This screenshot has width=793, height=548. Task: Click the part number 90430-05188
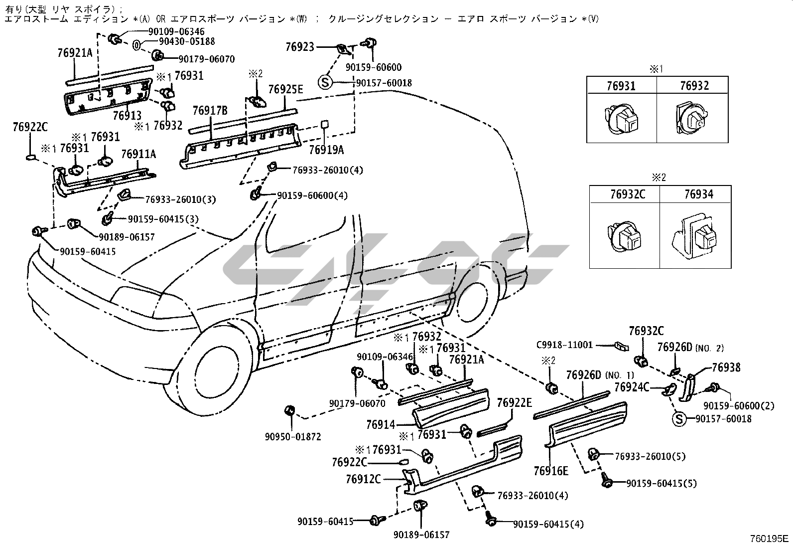click(x=180, y=42)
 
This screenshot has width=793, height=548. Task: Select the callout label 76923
click(x=300, y=47)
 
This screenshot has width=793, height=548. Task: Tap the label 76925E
click(x=285, y=89)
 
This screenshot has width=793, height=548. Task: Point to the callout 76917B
click(x=210, y=110)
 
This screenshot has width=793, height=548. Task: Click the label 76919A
click(x=326, y=149)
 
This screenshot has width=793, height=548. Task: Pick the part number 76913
click(x=128, y=116)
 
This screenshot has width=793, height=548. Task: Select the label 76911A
click(x=138, y=154)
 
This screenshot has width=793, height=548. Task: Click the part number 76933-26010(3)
click(x=180, y=199)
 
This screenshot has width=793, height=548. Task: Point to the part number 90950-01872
click(x=293, y=437)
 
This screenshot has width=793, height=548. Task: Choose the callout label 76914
click(x=381, y=425)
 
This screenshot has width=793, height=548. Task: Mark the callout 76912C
click(x=363, y=479)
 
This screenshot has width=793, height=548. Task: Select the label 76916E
click(x=550, y=471)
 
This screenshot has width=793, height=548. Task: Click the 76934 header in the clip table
click(x=695, y=194)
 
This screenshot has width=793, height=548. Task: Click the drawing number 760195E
click(x=769, y=539)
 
